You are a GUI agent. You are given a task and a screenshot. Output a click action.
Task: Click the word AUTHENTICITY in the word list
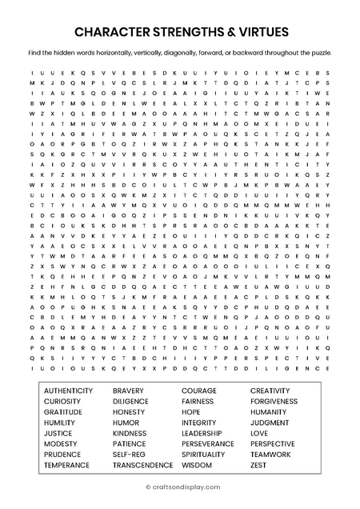[x=70, y=391]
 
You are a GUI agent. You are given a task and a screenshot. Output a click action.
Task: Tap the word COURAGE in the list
[x=199, y=391]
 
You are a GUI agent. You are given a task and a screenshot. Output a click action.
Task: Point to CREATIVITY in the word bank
[x=270, y=391]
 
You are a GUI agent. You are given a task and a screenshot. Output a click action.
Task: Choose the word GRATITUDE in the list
[x=63, y=411]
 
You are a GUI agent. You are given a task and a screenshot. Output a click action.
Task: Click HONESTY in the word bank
[x=130, y=411]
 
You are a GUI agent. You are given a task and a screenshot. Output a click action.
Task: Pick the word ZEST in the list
[x=258, y=464]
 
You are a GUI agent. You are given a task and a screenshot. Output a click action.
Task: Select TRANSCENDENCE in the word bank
[x=142, y=464]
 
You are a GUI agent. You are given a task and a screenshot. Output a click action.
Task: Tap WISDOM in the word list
[x=197, y=464]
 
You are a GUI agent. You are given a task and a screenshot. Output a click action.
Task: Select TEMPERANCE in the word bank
[x=66, y=464]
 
